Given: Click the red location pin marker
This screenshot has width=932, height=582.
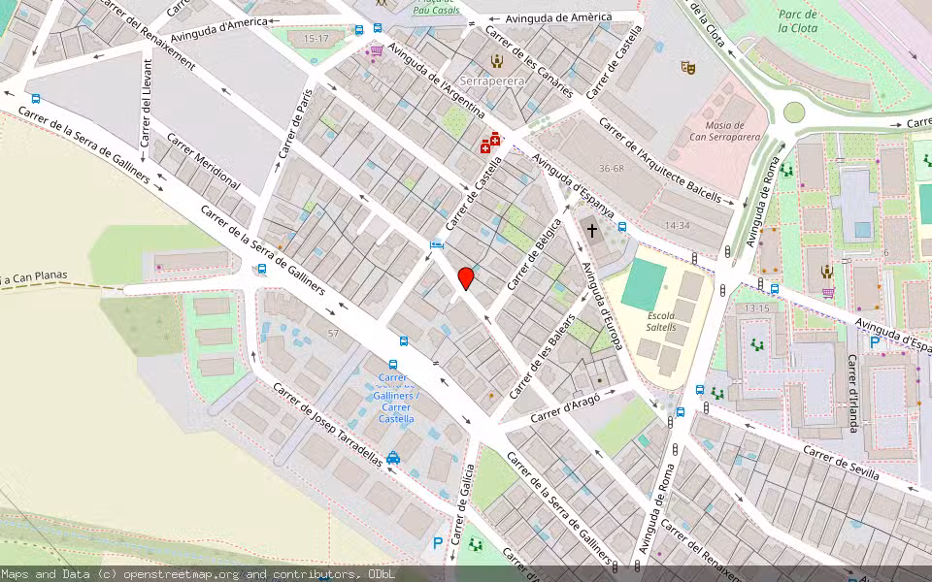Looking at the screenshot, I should pos(466,278).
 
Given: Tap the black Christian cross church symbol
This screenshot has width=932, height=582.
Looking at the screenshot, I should pos(592,231).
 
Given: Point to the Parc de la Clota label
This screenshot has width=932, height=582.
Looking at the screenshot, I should pos(797,20).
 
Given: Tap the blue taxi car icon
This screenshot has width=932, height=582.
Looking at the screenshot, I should pos(393,458).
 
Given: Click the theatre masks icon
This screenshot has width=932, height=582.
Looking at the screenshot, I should pos(689,67).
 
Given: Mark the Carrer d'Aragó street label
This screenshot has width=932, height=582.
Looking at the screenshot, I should pos(566,406).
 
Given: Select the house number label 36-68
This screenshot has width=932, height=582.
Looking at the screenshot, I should pos(612,169).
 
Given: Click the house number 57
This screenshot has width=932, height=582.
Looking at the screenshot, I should pos(334,333).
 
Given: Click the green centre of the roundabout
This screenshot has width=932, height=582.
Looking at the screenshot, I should pos(794,112).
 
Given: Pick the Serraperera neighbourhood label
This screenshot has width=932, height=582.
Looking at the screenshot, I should pos(492,81).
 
